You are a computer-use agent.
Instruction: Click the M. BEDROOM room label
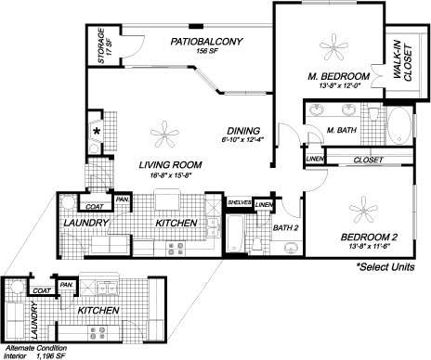(x=339, y=75)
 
